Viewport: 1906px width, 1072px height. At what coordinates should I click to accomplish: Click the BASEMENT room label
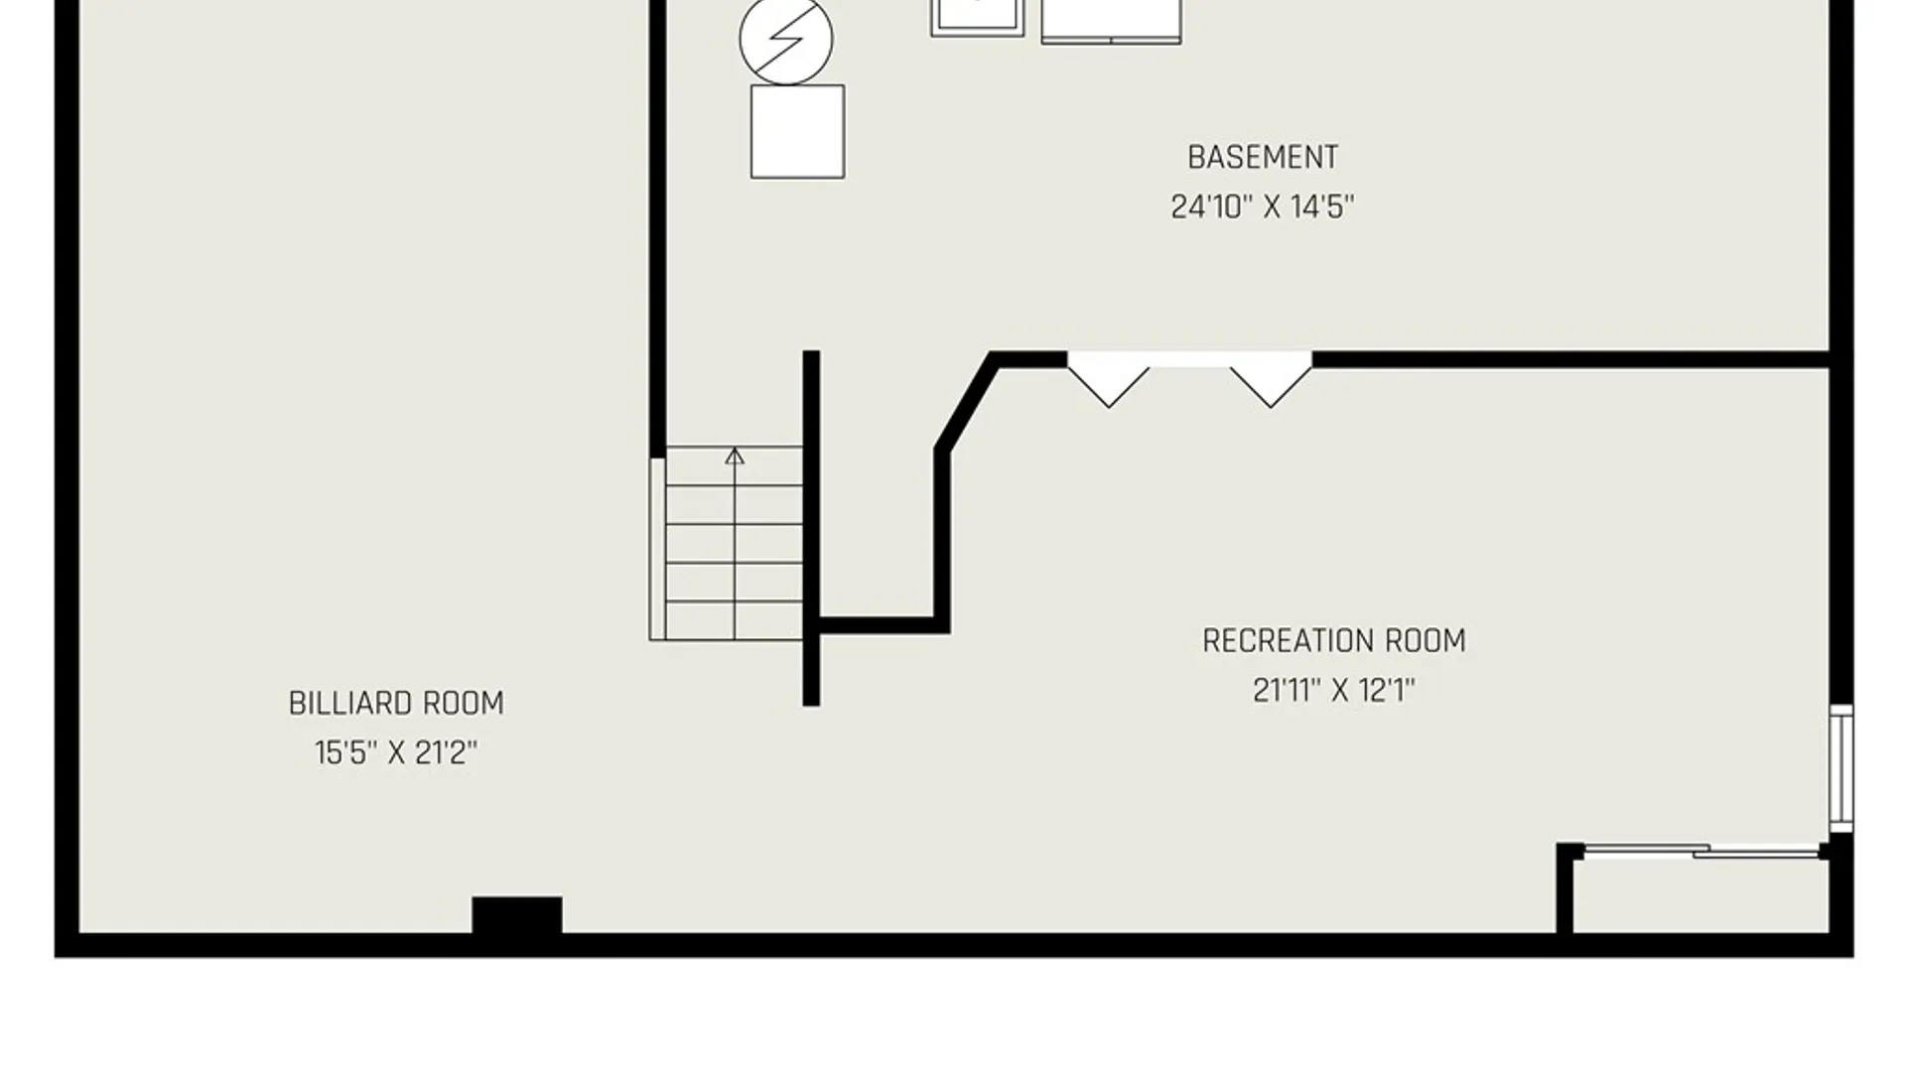[1263, 158]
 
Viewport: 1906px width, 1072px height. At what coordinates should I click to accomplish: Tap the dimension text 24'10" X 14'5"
[1263, 207]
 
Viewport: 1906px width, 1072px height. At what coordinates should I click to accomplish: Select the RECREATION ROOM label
[1334, 641]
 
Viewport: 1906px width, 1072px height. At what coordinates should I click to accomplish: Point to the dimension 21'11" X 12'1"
[1334, 691]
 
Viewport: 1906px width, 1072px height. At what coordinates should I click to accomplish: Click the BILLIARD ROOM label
[396, 704]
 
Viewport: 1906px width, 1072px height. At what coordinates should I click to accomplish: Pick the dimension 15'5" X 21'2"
[396, 753]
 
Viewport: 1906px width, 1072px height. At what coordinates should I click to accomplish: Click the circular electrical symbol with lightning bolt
[786, 39]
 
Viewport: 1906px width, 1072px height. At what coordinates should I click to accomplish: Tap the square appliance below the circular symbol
[797, 132]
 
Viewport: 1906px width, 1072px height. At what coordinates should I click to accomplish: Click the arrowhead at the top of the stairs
[735, 456]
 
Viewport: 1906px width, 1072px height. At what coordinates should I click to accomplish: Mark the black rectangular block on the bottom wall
[516, 914]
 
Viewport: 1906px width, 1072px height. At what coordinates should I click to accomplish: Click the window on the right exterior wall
[1841, 768]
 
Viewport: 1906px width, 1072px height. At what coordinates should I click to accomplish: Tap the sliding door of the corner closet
[1702, 851]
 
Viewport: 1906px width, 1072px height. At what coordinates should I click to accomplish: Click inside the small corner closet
[1702, 895]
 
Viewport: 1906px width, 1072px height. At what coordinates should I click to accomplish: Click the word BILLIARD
[350, 704]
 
